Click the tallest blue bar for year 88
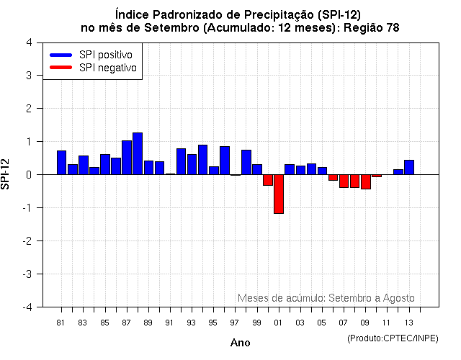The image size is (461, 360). [138, 154]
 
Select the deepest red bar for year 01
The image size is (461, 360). [278, 194]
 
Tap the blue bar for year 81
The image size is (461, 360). [62, 163]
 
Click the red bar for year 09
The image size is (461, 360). [366, 181]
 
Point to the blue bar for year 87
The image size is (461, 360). [127, 158]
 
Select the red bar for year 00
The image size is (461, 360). [268, 180]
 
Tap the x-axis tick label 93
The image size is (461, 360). [192, 322]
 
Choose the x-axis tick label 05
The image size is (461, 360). [322, 322]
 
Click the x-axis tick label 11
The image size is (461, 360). [387, 322]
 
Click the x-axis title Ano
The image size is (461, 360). [240, 343]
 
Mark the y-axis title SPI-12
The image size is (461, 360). [6, 175]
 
